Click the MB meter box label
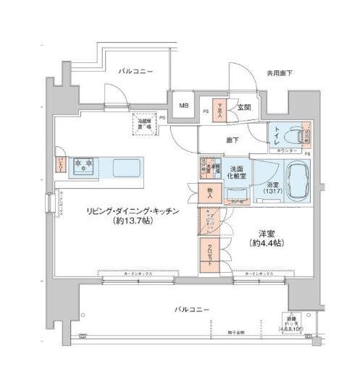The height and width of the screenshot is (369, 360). [x=183, y=106]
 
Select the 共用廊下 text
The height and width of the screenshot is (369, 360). [x=278, y=73]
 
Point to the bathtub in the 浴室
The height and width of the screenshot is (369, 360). [x=296, y=180]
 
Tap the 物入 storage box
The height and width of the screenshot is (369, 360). [x=209, y=192]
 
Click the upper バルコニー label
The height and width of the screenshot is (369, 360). [x=135, y=71]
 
